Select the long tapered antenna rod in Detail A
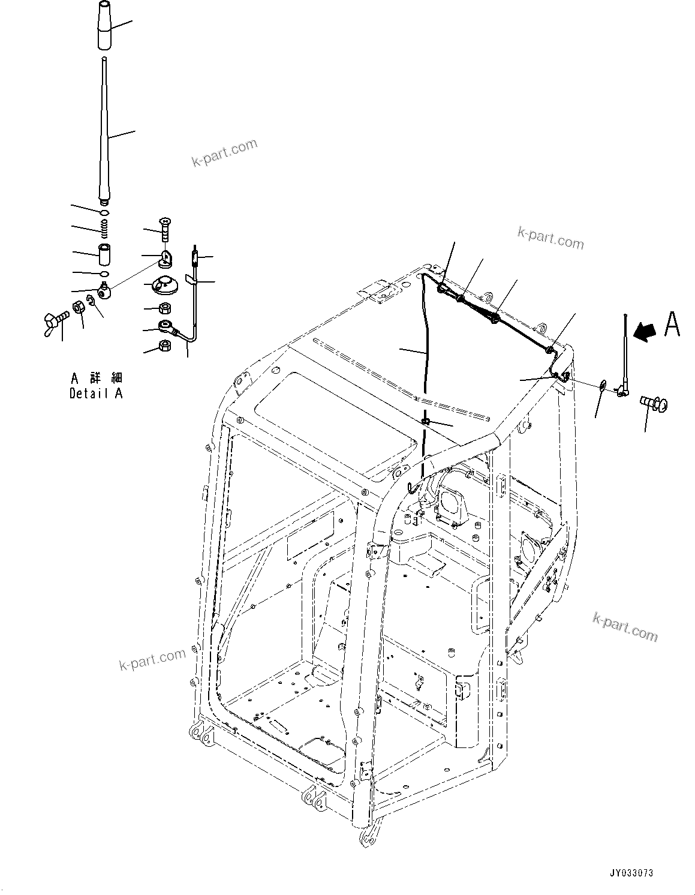pos(104,132)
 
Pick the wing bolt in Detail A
pos(55,320)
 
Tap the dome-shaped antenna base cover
pos(164,286)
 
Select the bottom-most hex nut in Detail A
pos(165,346)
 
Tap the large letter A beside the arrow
pos(672,325)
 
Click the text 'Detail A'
pos(96,394)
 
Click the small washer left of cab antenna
pos(602,385)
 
